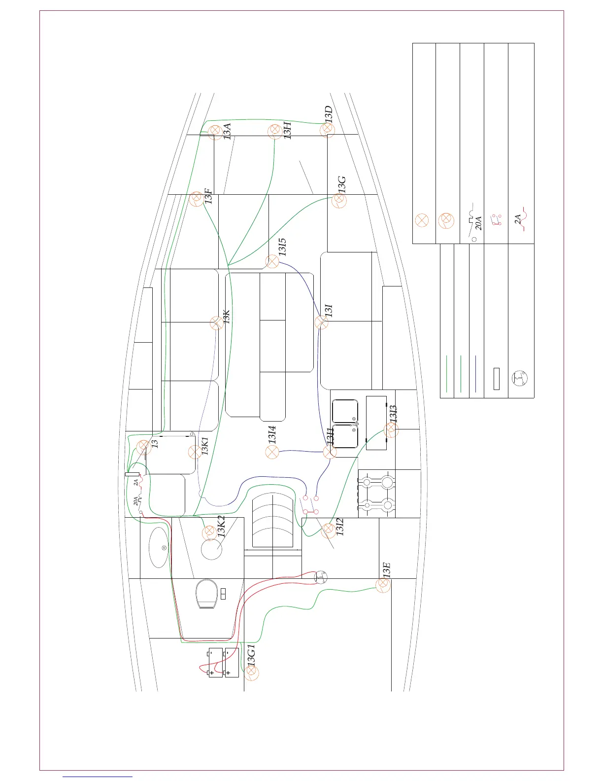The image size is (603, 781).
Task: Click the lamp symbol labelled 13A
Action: click(x=215, y=133)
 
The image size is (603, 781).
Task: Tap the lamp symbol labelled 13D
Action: click(x=327, y=130)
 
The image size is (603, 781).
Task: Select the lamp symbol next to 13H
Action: click(x=275, y=131)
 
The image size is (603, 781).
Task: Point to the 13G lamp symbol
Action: click(x=339, y=200)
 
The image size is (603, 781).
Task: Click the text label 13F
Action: click(x=208, y=196)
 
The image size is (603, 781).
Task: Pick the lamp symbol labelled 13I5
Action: click(x=272, y=261)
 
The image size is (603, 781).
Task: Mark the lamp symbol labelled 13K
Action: click(x=217, y=323)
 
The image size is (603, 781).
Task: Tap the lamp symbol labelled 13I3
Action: click(x=391, y=430)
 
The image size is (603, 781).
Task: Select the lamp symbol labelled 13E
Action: click(x=383, y=585)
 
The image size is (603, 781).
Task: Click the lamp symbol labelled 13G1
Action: click(x=251, y=673)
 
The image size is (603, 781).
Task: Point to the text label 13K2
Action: click(x=221, y=527)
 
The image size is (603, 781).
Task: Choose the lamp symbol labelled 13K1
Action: click(x=195, y=452)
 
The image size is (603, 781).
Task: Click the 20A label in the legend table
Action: click(x=478, y=223)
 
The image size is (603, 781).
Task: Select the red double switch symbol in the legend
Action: click(x=496, y=220)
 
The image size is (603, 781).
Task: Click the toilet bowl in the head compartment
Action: click(x=207, y=594)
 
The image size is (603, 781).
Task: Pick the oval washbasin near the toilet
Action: click(x=158, y=547)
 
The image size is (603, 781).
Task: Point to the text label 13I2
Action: click(x=339, y=527)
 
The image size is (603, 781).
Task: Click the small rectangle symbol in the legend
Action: click(x=496, y=379)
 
